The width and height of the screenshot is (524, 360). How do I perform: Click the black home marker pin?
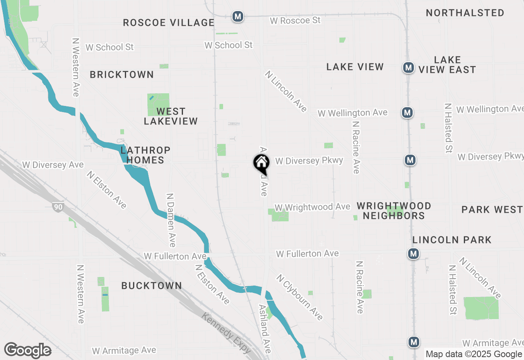261,163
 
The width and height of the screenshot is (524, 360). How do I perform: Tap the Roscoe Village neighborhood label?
169,22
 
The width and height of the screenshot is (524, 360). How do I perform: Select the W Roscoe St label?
295,20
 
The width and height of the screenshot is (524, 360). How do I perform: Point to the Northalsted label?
465,13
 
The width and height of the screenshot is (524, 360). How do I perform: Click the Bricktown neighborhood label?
122,74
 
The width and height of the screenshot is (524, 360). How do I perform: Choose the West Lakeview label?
171,116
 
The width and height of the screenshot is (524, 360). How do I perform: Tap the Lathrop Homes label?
145,155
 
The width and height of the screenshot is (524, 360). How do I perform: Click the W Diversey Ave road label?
53,164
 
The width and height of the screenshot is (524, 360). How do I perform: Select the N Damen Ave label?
171,220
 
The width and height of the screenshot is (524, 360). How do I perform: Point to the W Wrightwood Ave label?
312,207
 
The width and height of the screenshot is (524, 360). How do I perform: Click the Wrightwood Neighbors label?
394,211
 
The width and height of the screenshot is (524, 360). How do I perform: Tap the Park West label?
492,209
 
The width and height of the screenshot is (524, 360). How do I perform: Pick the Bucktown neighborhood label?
151,286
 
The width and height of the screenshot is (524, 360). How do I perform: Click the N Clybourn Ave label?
300,297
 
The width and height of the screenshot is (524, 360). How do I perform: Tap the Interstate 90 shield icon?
58,207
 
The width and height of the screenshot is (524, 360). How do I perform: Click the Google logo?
27,350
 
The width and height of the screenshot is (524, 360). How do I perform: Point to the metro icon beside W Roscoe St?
237,17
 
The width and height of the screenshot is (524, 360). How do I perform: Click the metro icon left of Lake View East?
408,67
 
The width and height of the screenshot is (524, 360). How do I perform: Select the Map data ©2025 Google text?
474,354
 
